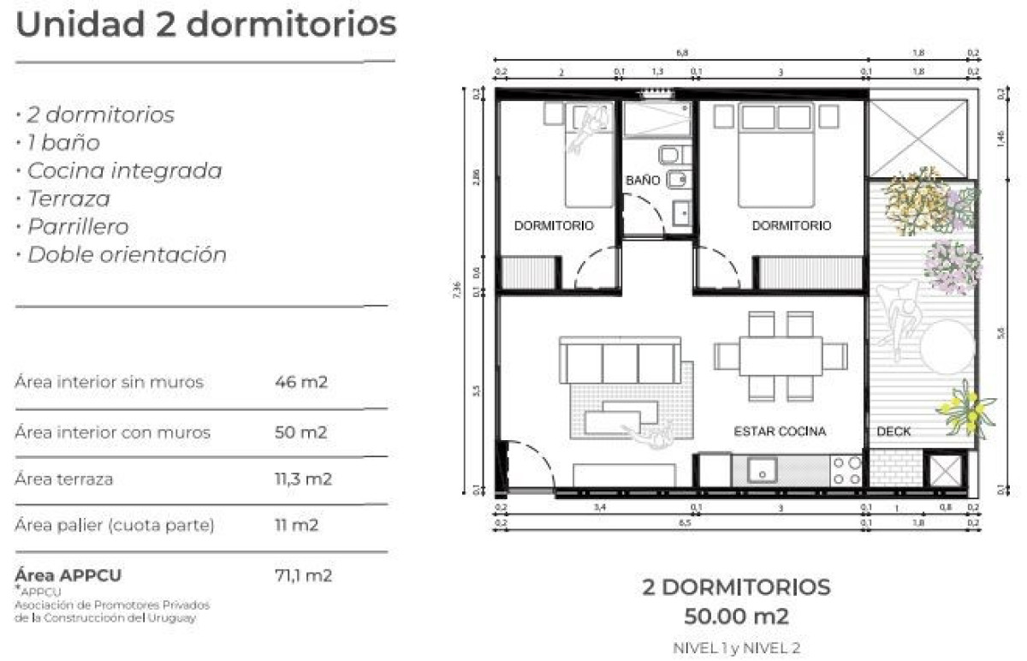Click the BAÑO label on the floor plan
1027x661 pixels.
tap(643, 181)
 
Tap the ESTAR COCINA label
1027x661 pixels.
tap(780, 432)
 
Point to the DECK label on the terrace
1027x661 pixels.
tap(893, 432)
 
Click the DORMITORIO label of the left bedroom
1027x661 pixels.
tap(554, 226)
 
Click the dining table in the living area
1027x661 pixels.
tap(780, 355)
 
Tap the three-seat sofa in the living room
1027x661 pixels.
tap(620, 360)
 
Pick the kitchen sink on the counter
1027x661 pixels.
tap(761, 470)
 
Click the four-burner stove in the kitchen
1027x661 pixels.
tap(847, 470)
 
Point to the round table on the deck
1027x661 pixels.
tap(947, 346)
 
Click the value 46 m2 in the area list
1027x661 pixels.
tap(301, 382)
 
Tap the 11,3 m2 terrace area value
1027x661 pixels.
tap(303, 479)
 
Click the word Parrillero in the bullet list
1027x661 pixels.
tap(78, 227)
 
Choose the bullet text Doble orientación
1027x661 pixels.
tap(127, 255)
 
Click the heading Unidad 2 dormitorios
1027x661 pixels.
tap(205, 25)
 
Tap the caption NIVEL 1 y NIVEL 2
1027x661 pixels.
tap(736, 648)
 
